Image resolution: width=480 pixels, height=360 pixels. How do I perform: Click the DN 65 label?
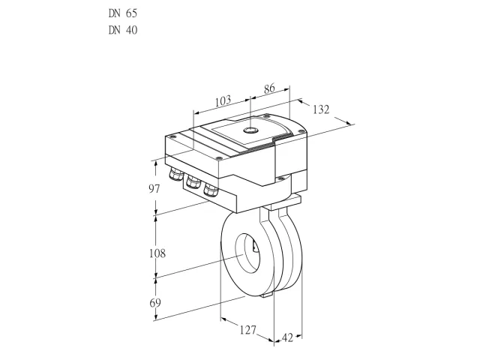[123, 13]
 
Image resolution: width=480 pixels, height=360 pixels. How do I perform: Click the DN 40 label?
[123, 30]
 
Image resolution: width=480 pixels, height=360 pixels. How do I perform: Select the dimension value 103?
[223, 101]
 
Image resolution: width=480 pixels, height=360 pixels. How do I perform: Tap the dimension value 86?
[269, 88]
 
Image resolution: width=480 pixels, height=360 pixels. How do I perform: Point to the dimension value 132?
[321, 109]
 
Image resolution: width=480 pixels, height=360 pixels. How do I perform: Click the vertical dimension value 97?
[154, 189]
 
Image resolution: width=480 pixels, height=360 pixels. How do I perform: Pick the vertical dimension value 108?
[157, 253]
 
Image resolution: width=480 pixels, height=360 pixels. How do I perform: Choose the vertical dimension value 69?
[155, 303]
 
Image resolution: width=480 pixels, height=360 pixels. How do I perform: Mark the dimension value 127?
[247, 330]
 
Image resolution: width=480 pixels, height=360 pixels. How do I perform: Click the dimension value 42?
[287, 338]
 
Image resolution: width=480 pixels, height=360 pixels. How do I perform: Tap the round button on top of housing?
[250, 130]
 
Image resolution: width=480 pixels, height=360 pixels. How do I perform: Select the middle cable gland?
[193, 181]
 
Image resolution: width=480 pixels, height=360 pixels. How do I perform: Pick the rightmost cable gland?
[211, 190]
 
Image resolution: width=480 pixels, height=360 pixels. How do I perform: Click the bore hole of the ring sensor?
[247, 252]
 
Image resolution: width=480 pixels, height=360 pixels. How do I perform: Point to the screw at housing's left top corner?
[172, 136]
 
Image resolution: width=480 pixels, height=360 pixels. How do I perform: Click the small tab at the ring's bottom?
[267, 295]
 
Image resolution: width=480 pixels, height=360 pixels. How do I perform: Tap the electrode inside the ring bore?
[254, 247]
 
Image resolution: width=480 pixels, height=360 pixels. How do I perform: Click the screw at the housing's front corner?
[218, 158]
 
